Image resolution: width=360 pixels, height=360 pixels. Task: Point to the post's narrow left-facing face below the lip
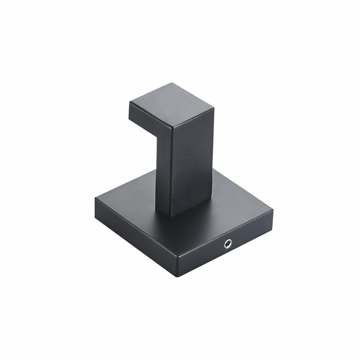163,175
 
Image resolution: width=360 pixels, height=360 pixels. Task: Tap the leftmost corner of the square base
95,198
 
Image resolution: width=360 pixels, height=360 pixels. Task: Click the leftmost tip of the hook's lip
129,104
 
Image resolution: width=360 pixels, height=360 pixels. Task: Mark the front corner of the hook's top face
171,126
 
